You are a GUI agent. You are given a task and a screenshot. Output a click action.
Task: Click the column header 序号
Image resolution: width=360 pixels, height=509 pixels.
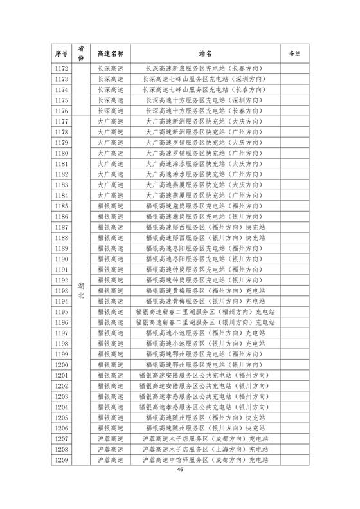pos(62,53)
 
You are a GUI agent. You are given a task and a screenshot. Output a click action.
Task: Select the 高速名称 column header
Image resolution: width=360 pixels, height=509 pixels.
pos(109,53)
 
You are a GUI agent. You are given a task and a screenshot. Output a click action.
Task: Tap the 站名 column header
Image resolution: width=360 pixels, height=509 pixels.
pos(205,53)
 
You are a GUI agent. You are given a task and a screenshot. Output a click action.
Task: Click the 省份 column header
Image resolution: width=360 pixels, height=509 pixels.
pos(81,53)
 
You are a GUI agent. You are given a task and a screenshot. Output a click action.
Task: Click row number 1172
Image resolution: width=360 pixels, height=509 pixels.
pos(62,69)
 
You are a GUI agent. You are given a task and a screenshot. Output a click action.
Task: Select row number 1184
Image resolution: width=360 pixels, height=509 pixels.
pos(62,196)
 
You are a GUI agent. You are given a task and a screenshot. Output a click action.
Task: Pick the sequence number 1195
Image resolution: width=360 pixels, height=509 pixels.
pos(62,311)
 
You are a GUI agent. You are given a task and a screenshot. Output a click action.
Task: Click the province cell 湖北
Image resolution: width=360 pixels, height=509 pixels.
pos(81,290)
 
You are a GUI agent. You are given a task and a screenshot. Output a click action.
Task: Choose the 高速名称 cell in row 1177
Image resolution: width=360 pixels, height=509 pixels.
pos(109,122)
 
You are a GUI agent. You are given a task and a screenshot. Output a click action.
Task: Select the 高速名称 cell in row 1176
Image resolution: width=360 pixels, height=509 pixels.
pos(109,111)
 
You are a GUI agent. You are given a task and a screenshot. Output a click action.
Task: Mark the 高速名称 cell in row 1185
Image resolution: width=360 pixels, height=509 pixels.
pos(109,206)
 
